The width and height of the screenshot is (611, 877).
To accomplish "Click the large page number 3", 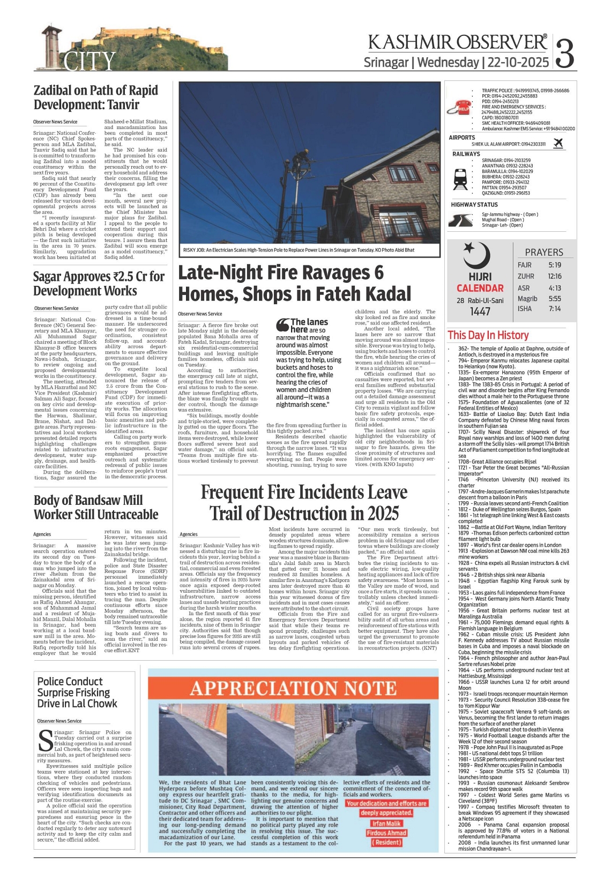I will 565,52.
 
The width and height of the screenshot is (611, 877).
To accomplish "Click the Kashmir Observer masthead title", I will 457,42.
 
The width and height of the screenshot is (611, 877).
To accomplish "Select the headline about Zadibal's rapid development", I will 96,97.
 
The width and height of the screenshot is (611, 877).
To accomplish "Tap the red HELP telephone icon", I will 461,107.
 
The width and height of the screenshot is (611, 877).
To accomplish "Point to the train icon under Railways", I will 460,179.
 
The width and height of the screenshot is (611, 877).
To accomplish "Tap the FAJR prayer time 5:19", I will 555,265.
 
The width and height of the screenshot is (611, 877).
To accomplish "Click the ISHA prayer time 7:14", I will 555,309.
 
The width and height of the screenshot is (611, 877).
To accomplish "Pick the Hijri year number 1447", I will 480,312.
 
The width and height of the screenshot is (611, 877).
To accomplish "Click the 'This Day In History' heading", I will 488,335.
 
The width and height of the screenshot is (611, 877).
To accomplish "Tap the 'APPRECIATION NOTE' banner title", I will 293,688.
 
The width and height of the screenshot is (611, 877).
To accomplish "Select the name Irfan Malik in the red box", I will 386,823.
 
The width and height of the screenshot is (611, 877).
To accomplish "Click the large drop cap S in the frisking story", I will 46,739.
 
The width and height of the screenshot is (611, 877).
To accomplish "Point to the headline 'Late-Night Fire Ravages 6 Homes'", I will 294,283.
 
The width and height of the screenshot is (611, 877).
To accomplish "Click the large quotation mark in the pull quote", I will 282,325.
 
